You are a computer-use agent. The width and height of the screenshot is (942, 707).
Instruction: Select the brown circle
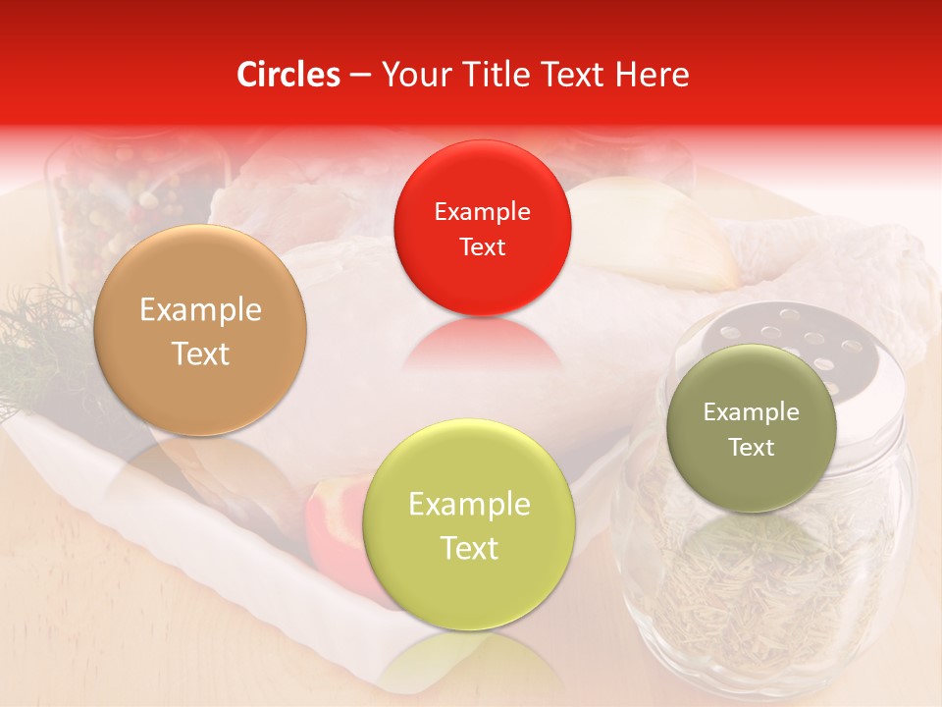coord(200,331)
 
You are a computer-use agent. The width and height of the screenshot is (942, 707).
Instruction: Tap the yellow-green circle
coord(469,524)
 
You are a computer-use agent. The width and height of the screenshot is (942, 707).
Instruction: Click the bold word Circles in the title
coord(288,75)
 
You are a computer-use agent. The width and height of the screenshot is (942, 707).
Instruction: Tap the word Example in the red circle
coord(482,211)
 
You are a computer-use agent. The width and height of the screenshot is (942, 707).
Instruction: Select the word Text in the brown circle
coord(200,353)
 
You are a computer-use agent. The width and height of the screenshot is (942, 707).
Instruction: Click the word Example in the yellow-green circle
coord(469,504)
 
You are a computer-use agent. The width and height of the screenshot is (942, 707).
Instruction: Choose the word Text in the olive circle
coord(752,448)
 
